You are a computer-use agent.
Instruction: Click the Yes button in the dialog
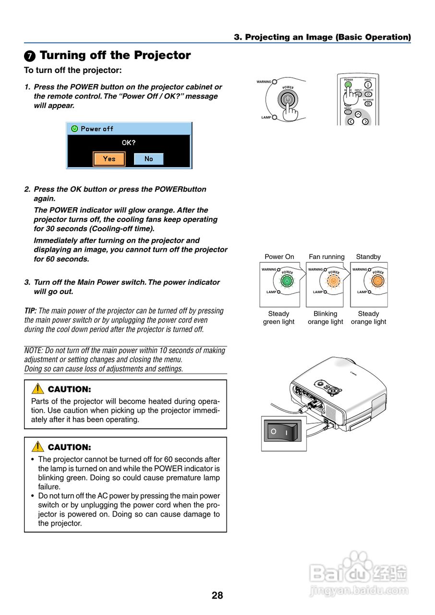tap(109, 159)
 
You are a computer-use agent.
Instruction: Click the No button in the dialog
tap(148, 159)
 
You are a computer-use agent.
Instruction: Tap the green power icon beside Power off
tap(74, 129)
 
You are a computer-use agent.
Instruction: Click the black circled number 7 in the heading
tap(30, 56)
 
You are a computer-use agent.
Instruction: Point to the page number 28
tap(217, 595)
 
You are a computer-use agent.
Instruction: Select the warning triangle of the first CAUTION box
tap(37, 389)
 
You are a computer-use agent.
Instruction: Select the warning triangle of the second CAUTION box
tap(37, 447)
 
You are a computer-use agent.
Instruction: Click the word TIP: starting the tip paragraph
tap(30, 311)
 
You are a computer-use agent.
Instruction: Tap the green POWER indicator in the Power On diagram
tap(286, 281)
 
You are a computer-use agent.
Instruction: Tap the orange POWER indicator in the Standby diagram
tap(378, 281)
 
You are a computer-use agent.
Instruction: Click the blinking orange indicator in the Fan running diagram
tap(332, 281)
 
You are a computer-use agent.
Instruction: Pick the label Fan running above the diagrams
tap(326, 257)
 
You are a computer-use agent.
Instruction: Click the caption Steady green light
tap(278, 318)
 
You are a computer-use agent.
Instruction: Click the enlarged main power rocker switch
tap(283, 431)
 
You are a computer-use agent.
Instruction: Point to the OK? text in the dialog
tap(129, 143)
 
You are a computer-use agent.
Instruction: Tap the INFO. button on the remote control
tap(368, 85)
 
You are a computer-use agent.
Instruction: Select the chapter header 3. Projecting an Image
tap(322, 37)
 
